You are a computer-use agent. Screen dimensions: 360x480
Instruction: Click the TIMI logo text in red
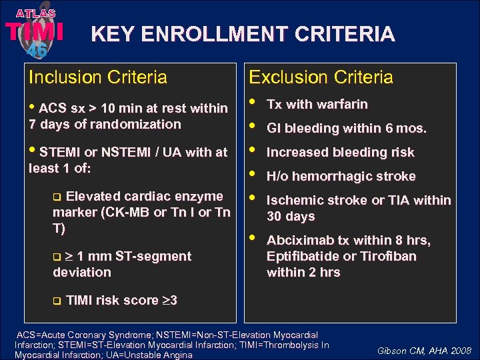click(35, 31)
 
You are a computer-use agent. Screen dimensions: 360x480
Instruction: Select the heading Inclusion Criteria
click(97, 77)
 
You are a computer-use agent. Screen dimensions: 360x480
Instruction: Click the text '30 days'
click(291, 216)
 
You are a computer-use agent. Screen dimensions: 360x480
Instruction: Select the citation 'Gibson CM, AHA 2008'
click(424, 350)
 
